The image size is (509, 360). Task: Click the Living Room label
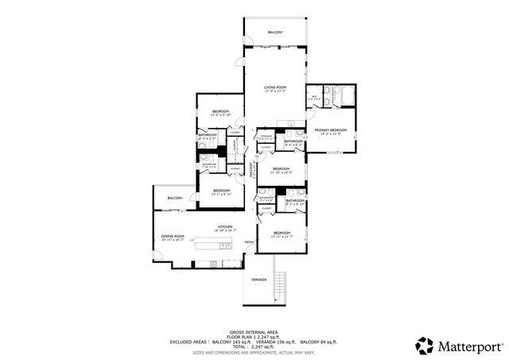pos(275,87)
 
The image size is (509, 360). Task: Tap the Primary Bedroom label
pos(330,130)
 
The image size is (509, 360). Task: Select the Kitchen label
pos(225,228)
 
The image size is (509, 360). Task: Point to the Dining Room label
pos(173,236)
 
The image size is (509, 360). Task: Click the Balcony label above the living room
pos(275,32)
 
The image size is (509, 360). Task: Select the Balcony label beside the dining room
pos(175,198)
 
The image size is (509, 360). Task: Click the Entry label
pos(249,242)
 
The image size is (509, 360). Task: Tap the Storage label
pos(266,137)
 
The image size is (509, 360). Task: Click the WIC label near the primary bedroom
pos(315,97)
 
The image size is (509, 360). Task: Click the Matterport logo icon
pos(424,346)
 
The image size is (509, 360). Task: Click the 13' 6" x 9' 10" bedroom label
pos(220,112)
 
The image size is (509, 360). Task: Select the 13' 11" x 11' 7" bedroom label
pos(281,234)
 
